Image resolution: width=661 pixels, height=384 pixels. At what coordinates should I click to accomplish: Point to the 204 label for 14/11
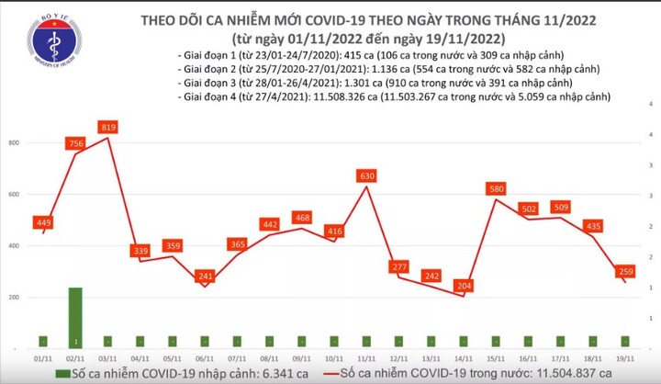(x=465, y=285)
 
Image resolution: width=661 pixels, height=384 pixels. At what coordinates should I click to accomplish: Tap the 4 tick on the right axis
(x=651, y=134)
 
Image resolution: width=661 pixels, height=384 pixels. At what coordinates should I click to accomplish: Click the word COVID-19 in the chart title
(x=333, y=19)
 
